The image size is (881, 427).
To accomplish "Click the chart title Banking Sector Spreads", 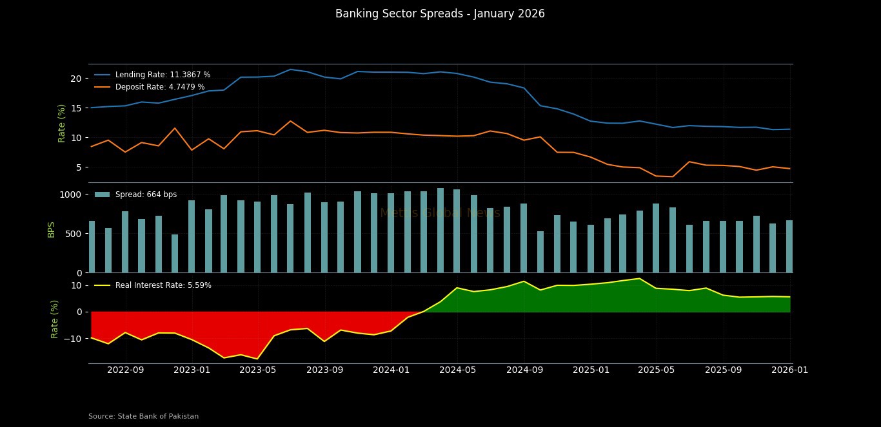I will [440, 14].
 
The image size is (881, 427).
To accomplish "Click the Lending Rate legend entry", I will [163, 75].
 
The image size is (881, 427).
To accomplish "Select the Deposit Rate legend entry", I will [160, 87].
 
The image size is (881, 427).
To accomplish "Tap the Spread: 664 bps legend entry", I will [146, 195].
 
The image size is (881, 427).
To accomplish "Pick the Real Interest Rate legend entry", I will [163, 285].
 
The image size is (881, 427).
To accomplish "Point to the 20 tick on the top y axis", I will [75, 79].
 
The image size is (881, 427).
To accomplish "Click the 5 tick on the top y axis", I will [78, 167].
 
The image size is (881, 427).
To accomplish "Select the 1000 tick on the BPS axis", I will [70, 195].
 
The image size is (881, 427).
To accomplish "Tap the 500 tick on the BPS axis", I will [73, 234].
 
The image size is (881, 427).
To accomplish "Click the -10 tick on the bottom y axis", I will [72, 339].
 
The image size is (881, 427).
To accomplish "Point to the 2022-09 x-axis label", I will [125, 370].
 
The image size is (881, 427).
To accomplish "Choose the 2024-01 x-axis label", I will [391, 370].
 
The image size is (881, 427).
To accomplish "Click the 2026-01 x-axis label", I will [789, 370].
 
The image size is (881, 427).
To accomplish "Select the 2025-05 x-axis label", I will [657, 370].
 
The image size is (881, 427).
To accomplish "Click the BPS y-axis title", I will [52, 229].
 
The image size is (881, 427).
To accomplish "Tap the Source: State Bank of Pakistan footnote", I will [143, 417].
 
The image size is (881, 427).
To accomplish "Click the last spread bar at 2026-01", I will [789, 247].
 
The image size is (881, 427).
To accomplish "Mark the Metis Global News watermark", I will [440, 213].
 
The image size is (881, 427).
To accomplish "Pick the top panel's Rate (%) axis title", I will [62, 123].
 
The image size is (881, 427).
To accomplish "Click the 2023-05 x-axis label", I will [258, 370].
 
